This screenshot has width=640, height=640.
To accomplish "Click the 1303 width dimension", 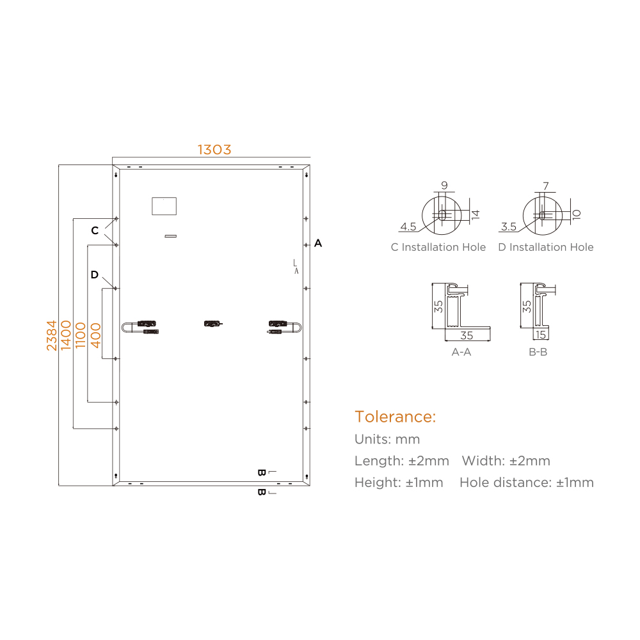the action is [214, 150].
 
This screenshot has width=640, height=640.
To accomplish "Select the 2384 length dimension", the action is [51, 335].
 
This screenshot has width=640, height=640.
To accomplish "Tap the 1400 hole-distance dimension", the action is [66, 335].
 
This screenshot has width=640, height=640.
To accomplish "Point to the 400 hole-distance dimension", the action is [95, 335].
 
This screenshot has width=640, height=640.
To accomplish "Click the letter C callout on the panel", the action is [95, 230].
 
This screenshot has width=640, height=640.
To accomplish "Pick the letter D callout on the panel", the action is [94, 275].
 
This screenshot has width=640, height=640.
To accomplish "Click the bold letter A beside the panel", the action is [318, 243].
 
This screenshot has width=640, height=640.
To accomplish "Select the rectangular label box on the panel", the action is [164, 206].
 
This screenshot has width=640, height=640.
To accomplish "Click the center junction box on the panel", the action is [213, 324].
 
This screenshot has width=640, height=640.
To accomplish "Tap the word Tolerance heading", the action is [395, 417].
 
